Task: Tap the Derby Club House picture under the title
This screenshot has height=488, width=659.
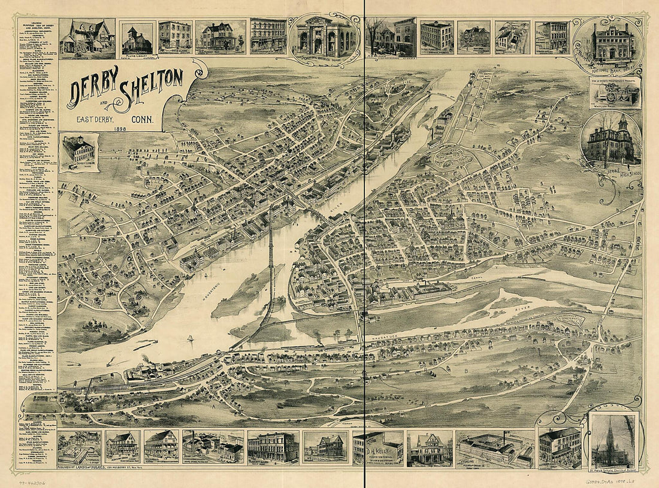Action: tap(78, 151)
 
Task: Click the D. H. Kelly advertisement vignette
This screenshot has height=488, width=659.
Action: tap(378, 447)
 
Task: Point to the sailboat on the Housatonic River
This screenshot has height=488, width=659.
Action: tap(190, 340)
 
